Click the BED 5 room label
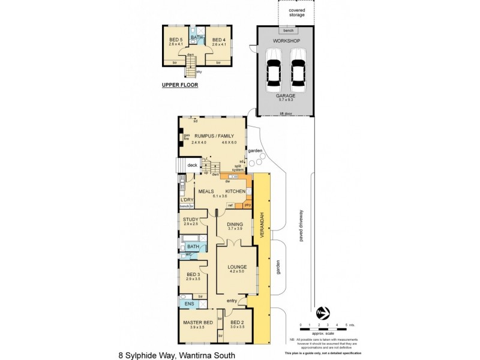click(x=175, y=40)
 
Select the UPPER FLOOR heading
click(x=179, y=85)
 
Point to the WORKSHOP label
click(x=286, y=40)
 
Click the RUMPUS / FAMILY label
click(x=212, y=136)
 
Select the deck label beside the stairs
click(x=192, y=165)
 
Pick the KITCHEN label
click(x=235, y=190)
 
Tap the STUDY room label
click(x=191, y=219)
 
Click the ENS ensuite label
click(x=188, y=304)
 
